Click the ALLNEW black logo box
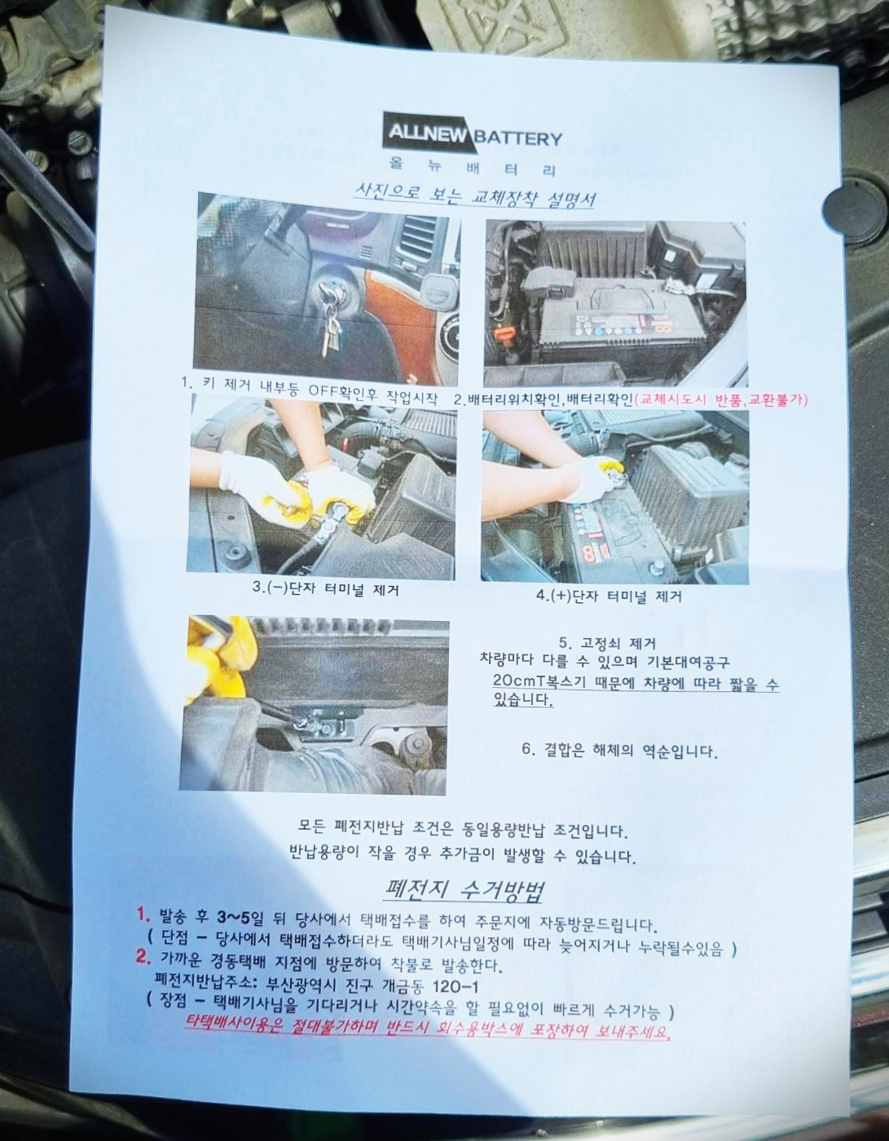pyautogui.click(x=428, y=133)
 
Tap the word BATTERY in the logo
pyautogui.click(x=518, y=139)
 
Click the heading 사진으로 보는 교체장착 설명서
pyautogui.click(x=475, y=195)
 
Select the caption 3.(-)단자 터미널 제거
pyautogui.click(x=325, y=588)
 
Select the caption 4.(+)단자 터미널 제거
pyautogui.click(x=609, y=596)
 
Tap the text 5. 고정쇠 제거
pyautogui.click(x=607, y=643)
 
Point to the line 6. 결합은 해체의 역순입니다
pyautogui.click(x=619, y=751)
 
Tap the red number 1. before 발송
pyautogui.click(x=143, y=914)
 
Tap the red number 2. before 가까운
pyautogui.click(x=143, y=956)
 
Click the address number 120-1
pyautogui.click(x=456, y=987)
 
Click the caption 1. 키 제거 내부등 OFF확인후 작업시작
pyautogui.click(x=309, y=391)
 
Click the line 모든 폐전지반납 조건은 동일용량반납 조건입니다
pyautogui.click(x=463, y=829)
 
